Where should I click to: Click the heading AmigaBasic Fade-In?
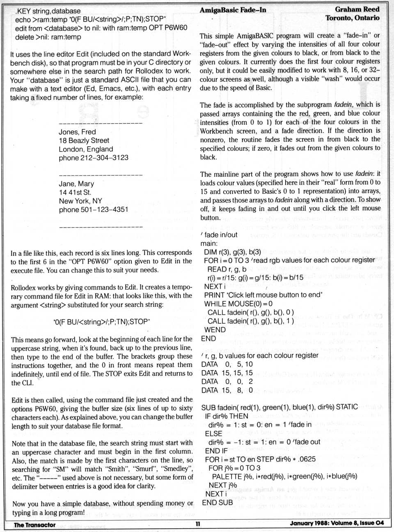click(x=233, y=10)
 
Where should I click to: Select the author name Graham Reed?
click(x=357, y=9)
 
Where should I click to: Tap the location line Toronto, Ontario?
click(x=352, y=18)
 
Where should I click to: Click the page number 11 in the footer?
click(x=197, y=524)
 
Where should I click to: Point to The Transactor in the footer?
click(x=34, y=525)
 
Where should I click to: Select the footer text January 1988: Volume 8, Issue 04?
click(x=337, y=523)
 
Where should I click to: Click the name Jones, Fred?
click(x=77, y=132)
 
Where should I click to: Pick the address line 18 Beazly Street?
click(x=84, y=140)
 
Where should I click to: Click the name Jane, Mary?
click(x=76, y=184)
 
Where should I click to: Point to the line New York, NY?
click(x=80, y=201)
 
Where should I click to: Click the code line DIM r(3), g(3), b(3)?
click(x=232, y=252)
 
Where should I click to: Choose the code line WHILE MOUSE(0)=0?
click(x=238, y=304)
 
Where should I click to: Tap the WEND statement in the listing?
click(x=215, y=330)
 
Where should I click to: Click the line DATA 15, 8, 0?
click(x=227, y=390)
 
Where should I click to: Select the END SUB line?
click(x=217, y=502)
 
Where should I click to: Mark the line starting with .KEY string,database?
click(x=48, y=11)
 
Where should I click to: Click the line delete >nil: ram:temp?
click(x=48, y=37)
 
